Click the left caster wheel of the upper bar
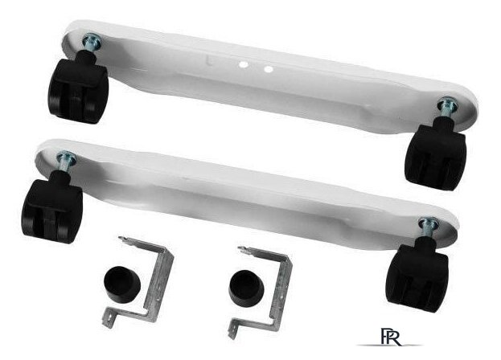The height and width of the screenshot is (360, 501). [79, 88]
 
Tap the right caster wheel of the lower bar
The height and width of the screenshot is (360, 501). [417, 275]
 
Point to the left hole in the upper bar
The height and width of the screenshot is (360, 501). [244, 65]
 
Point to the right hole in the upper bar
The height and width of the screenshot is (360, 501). [269, 69]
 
